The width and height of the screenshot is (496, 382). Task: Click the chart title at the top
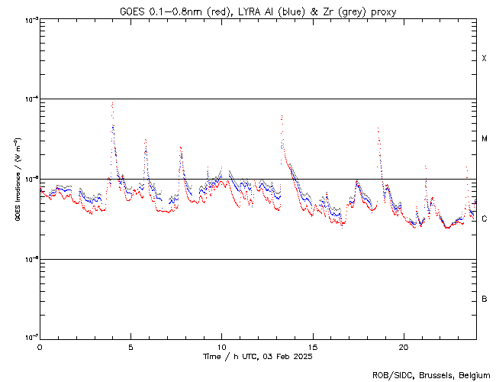pos(258,11)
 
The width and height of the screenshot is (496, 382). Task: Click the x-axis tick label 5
pos(130,346)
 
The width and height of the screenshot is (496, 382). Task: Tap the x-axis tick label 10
pos(221,346)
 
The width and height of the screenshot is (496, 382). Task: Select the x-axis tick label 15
pos(312,346)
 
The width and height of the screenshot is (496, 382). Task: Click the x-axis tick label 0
pos(40,346)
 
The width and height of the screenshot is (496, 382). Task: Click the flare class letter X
pos(484,59)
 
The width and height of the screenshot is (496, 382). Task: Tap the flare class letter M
pos(484,139)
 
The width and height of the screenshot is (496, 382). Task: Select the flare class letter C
pos(484,219)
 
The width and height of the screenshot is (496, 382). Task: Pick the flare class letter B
pos(484,299)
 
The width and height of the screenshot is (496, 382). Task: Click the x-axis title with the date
pos(258,357)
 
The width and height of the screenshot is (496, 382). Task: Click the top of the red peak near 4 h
pos(112,102)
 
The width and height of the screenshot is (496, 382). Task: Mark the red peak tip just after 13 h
pos(282,116)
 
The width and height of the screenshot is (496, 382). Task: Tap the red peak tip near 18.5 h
pos(378,128)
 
